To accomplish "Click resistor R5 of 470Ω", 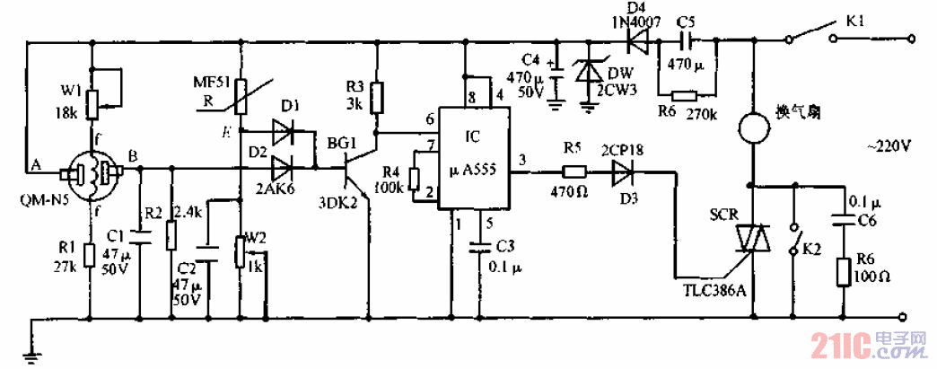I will point(573,172).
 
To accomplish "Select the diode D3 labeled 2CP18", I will point(627,173).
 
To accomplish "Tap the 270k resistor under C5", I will point(686,95).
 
